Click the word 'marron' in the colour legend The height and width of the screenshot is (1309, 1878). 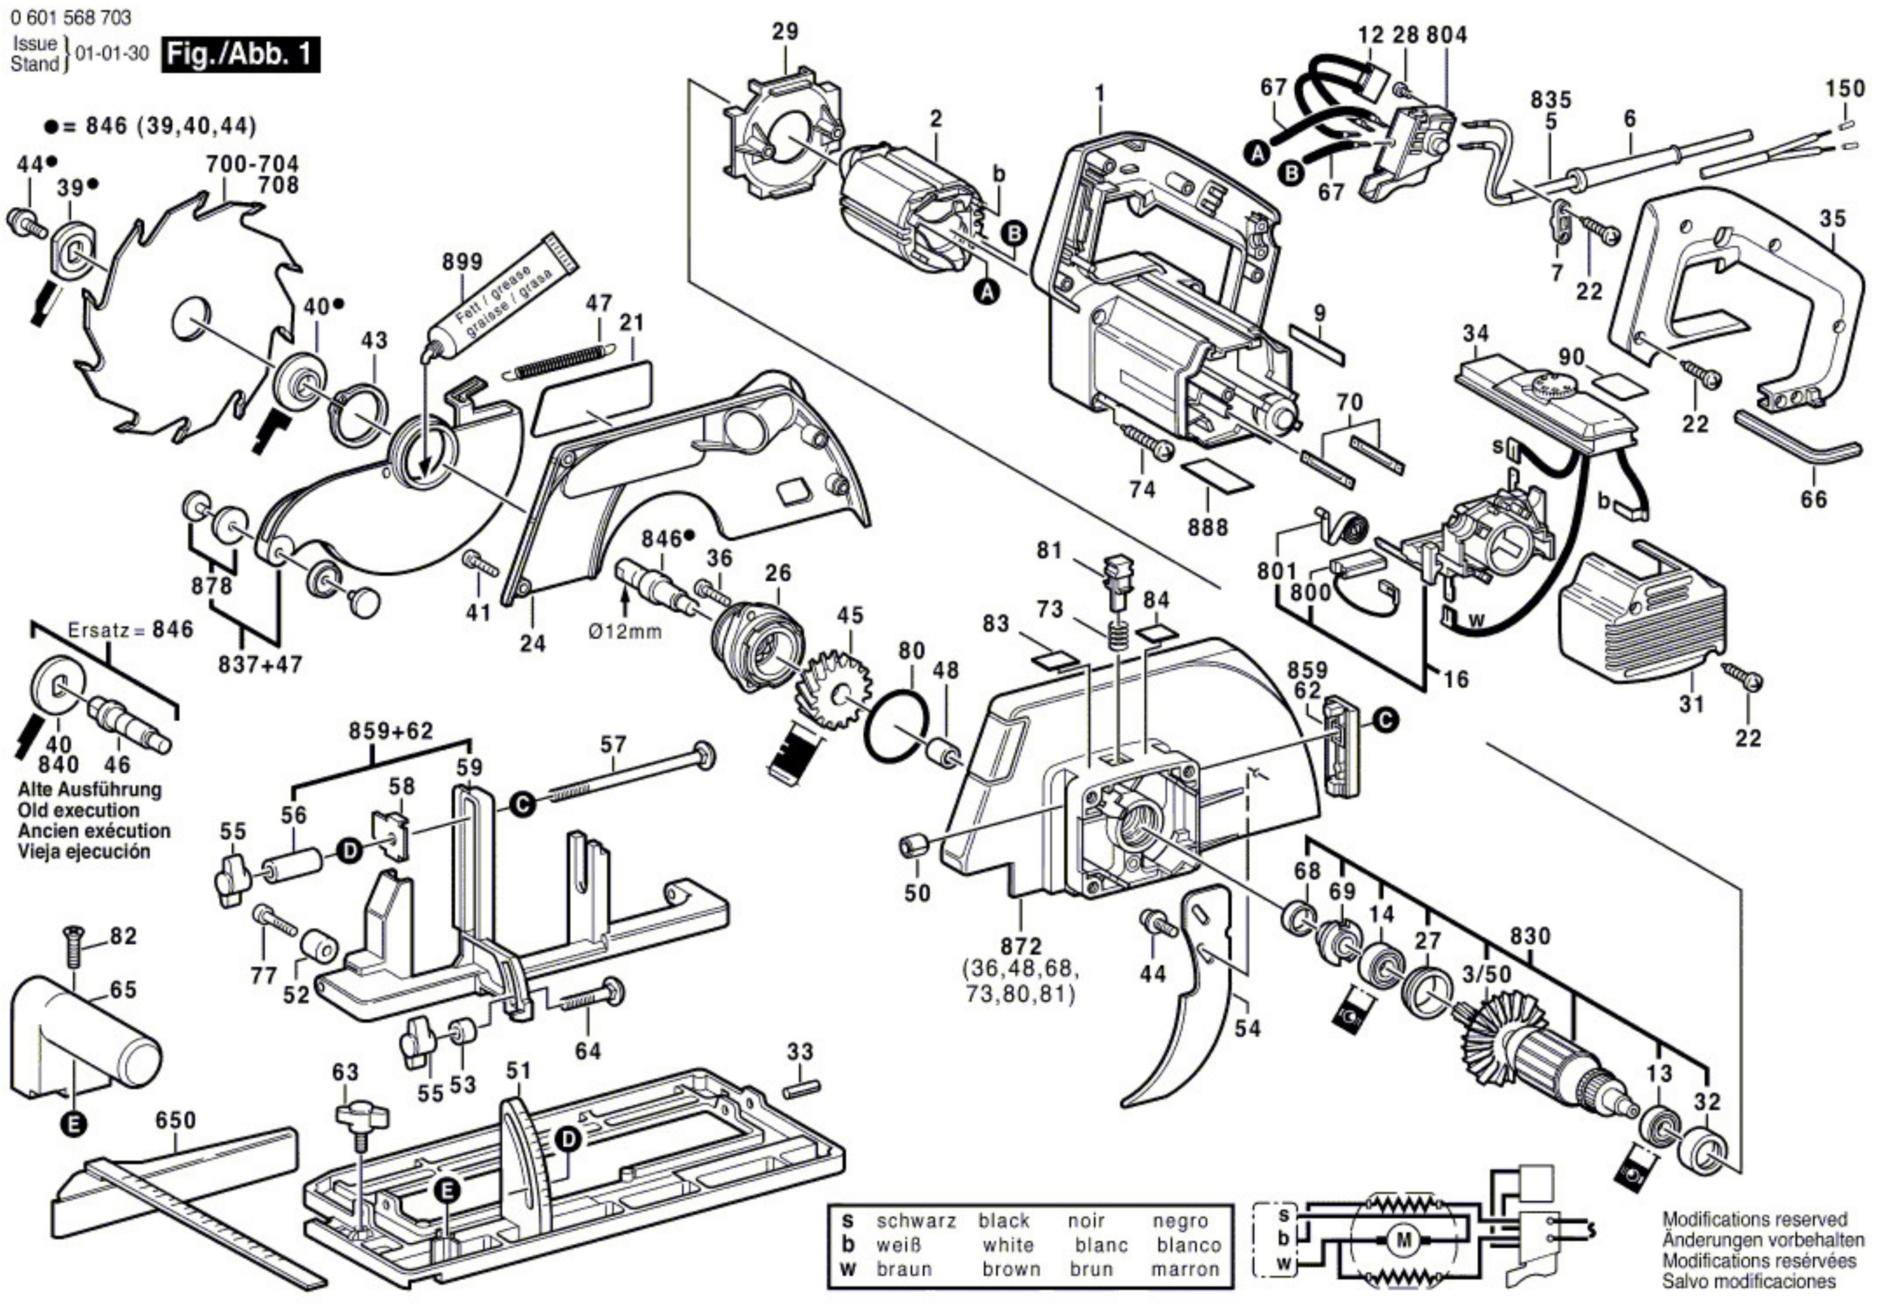1185,1269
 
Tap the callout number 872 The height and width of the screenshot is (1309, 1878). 1021,947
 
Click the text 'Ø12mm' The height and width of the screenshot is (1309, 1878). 625,632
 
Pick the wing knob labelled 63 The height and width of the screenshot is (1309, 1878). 361,1118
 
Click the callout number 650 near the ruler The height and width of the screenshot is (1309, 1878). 175,1119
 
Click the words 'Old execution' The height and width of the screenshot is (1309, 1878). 79,810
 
